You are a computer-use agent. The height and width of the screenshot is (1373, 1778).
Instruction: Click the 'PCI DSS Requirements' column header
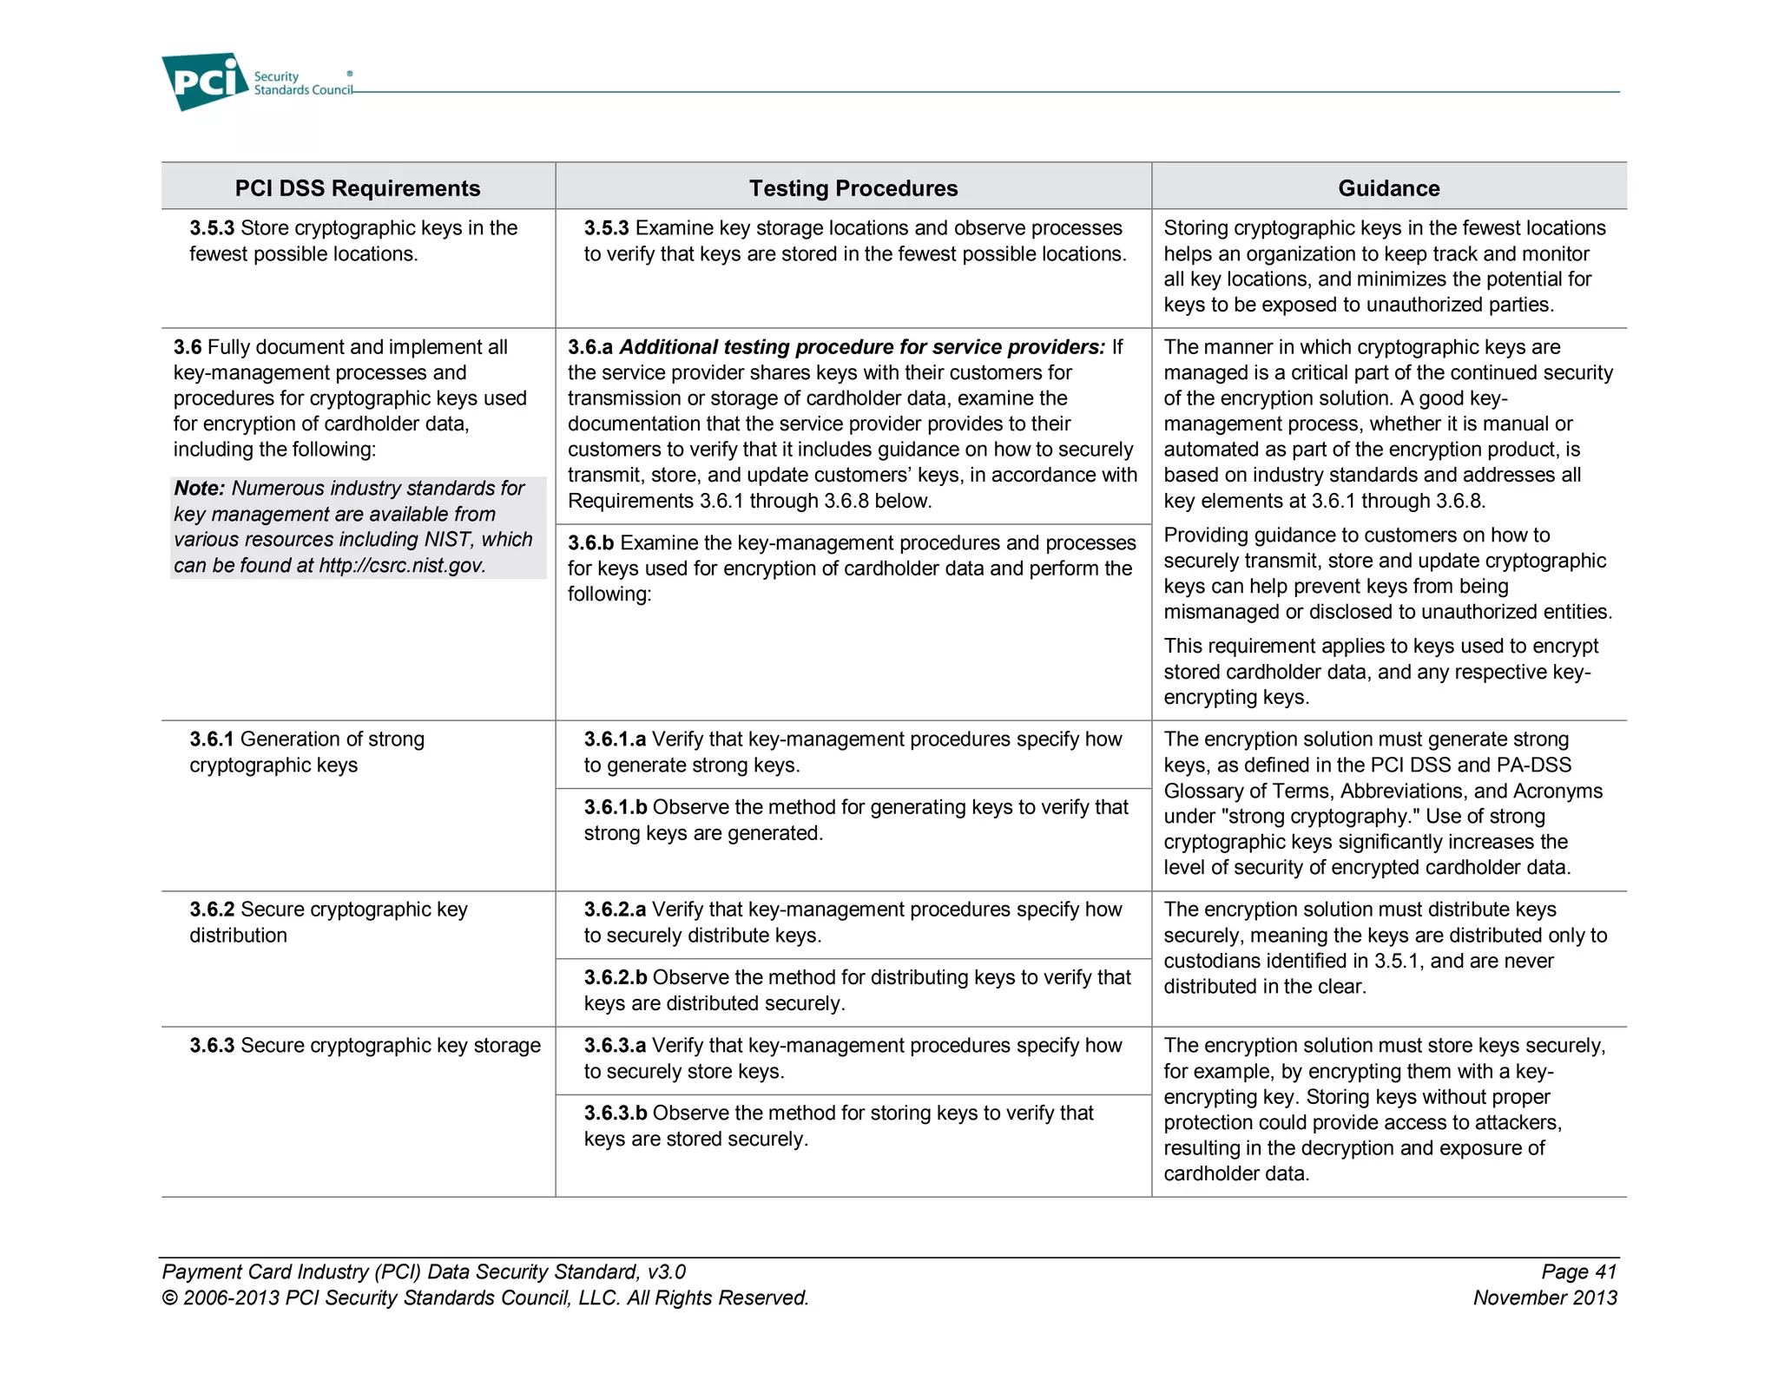[357, 188]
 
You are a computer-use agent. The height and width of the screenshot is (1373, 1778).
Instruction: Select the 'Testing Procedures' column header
[853, 188]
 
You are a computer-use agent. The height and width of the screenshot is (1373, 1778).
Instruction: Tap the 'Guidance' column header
[1388, 188]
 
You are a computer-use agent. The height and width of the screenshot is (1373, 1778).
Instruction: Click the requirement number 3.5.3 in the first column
[212, 228]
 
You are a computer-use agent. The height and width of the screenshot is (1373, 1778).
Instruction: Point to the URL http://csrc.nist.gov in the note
[401, 566]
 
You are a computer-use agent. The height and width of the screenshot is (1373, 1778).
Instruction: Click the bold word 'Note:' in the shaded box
[200, 489]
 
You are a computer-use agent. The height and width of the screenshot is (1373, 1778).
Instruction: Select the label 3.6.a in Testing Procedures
[590, 347]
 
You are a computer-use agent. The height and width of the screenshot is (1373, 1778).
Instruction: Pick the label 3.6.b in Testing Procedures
[591, 543]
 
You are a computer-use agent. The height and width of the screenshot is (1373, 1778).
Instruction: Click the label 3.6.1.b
[615, 807]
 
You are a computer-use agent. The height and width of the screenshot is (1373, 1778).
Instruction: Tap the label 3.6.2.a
[615, 910]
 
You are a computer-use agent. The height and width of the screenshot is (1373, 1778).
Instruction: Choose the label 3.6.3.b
[615, 1114]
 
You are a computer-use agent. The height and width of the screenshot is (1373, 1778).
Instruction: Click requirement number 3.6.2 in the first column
[212, 910]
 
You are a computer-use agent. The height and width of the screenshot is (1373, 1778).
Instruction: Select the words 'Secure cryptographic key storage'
[390, 1046]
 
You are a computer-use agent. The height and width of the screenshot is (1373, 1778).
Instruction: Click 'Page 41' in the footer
[1578, 1272]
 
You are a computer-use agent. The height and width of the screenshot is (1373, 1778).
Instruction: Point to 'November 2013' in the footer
[1544, 1298]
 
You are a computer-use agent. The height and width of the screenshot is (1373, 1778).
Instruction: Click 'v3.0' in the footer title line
[666, 1272]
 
